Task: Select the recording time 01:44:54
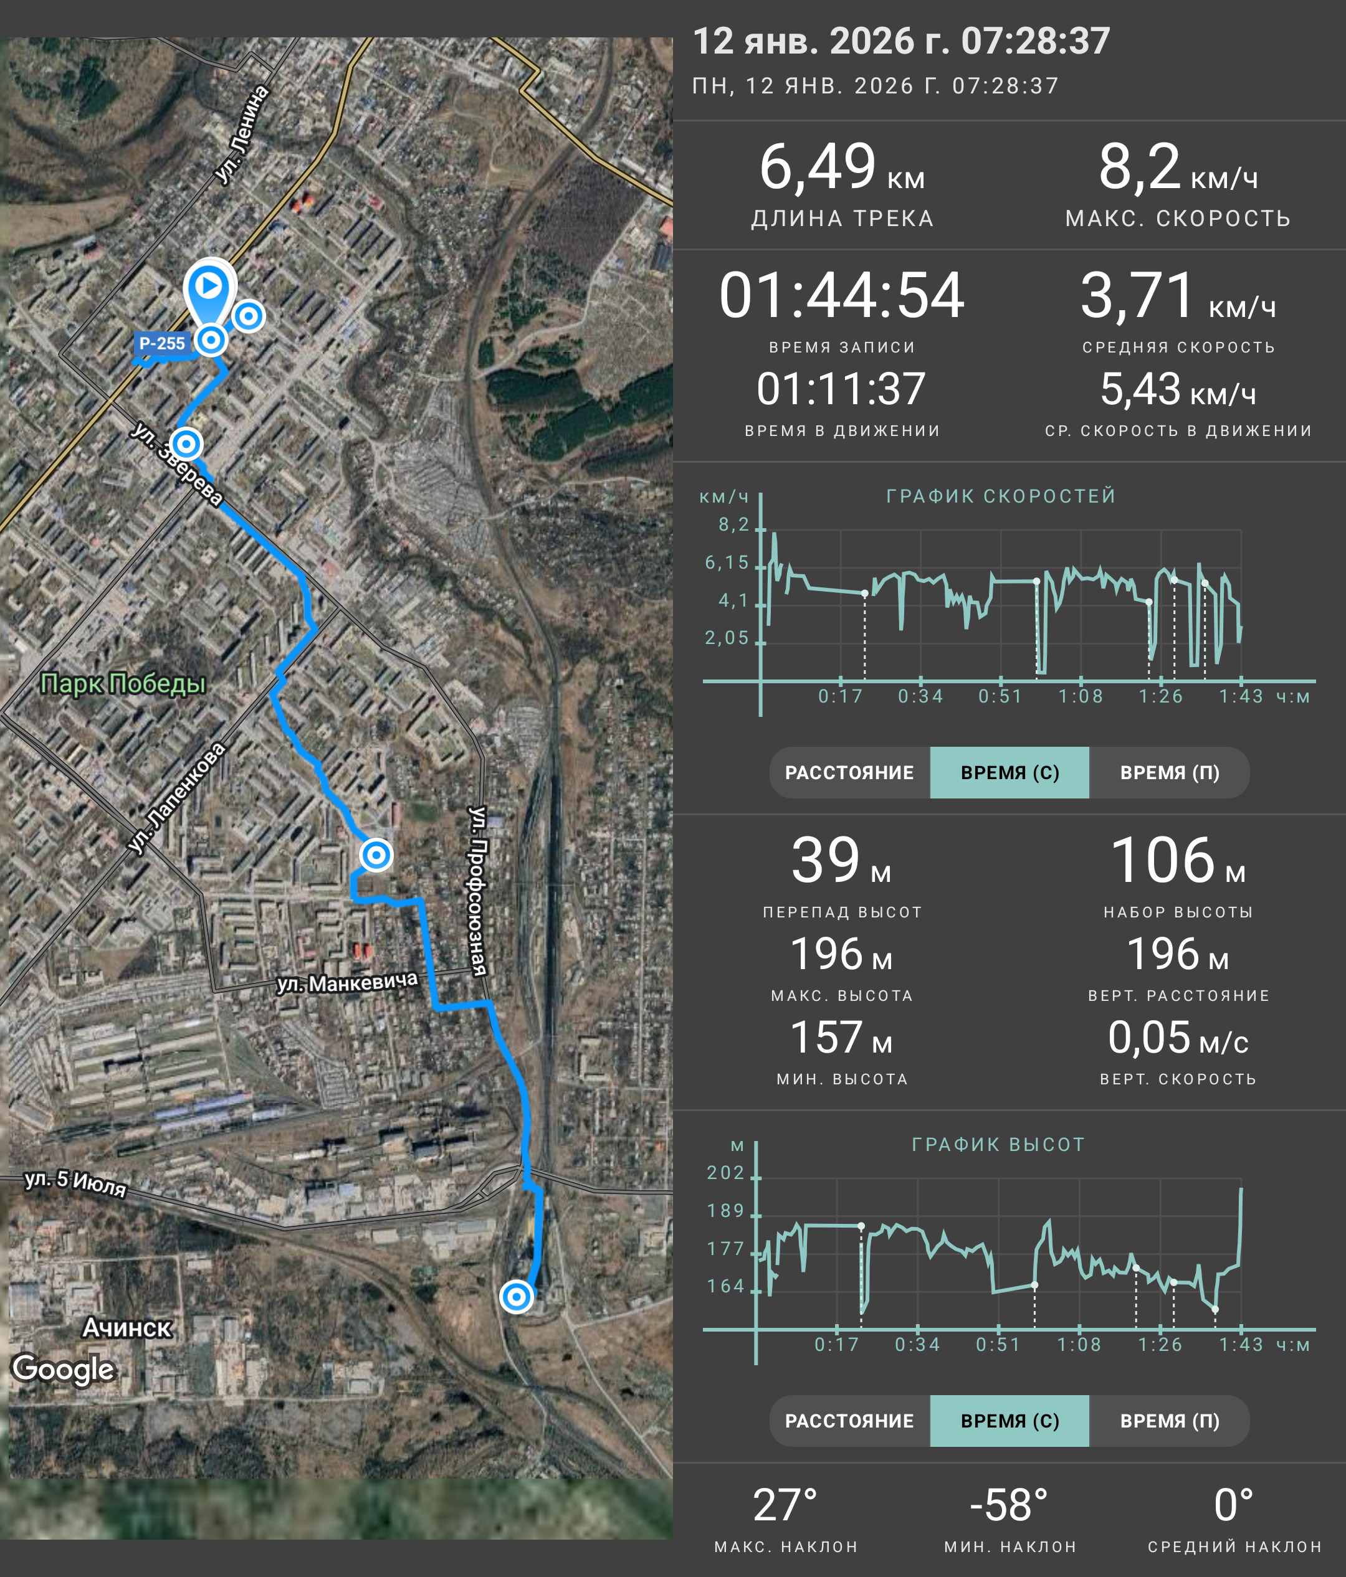point(841,295)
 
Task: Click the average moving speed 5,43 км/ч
point(1178,390)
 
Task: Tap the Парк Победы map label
point(123,683)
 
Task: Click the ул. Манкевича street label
point(347,983)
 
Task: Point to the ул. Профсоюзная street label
point(477,891)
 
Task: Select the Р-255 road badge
point(161,343)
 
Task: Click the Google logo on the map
point(63,1368)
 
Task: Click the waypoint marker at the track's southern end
point(517,1296)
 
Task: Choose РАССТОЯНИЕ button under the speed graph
point(849,772)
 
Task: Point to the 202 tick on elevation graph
point(725,1173)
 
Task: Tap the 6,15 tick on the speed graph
point(727,562)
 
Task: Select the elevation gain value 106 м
point(1178,861)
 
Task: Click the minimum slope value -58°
point(1009,1505)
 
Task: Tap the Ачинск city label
point(127,1328)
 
